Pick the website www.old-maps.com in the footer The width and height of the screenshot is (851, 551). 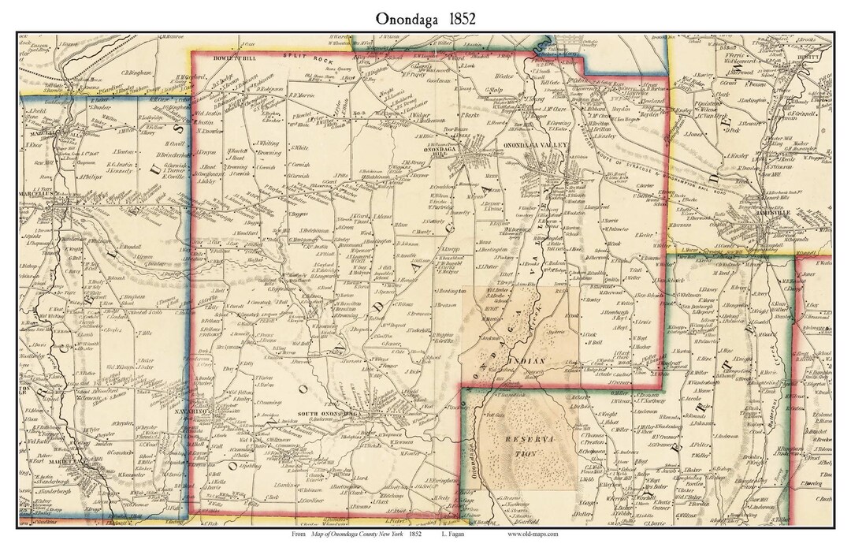tap(533, 534)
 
